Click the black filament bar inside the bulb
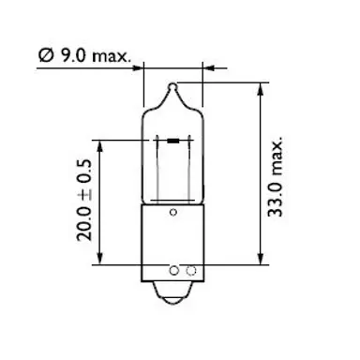173,141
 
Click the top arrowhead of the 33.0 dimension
256,87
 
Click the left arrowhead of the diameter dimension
141,67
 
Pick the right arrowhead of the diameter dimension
203,67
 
